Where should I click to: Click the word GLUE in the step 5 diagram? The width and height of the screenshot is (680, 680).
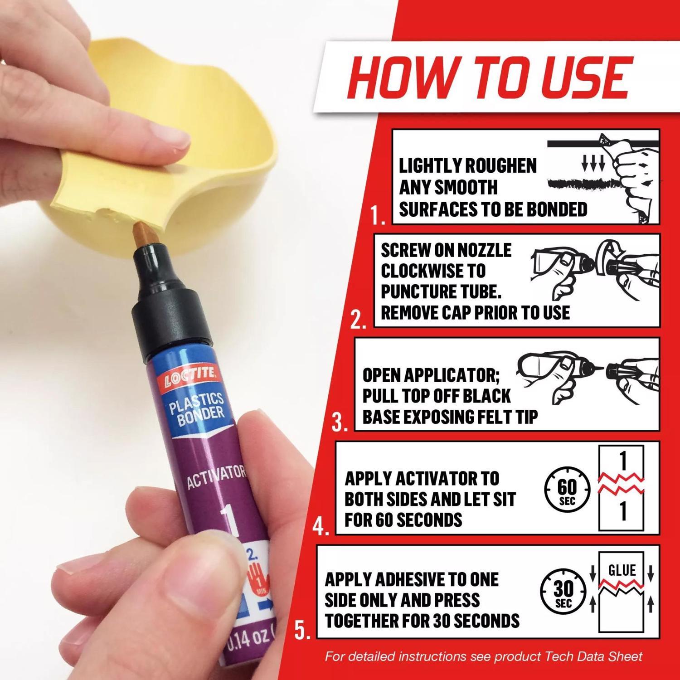coord(622,570)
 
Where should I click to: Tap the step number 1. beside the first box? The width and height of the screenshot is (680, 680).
coord(378,217)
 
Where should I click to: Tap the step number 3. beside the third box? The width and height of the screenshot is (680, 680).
coord(340,423)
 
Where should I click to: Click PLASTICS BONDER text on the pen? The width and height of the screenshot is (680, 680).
coord(198,410)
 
